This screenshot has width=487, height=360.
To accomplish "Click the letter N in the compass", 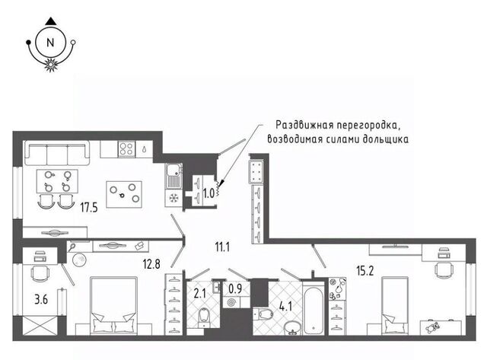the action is pos(50,43).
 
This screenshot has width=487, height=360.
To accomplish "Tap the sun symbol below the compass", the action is pos(50,65).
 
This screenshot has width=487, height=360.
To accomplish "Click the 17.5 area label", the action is pos(89,207).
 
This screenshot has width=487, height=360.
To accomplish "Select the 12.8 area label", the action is pos(151,264).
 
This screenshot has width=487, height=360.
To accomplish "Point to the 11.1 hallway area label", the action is pos(222,247).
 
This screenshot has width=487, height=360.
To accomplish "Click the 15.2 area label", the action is pos(365,270).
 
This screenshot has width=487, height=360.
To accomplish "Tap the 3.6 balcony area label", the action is pos(41,300).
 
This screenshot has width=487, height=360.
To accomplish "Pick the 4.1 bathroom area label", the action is pos(285,307).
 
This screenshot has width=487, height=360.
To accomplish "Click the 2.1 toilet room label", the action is pos(199,293).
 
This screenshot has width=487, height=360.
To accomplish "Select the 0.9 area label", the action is pos(235,288).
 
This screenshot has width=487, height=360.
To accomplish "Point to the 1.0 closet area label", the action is pos(208,193).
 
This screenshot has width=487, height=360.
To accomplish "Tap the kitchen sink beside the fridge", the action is pos(173,176).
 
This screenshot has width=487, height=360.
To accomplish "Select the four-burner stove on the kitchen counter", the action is pos(127,148).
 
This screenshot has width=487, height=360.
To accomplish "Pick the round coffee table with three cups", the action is pos(124,194).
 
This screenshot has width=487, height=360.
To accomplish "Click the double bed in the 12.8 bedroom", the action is pos(113,306).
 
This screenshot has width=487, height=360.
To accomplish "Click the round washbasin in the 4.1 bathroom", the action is pos(292,328).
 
